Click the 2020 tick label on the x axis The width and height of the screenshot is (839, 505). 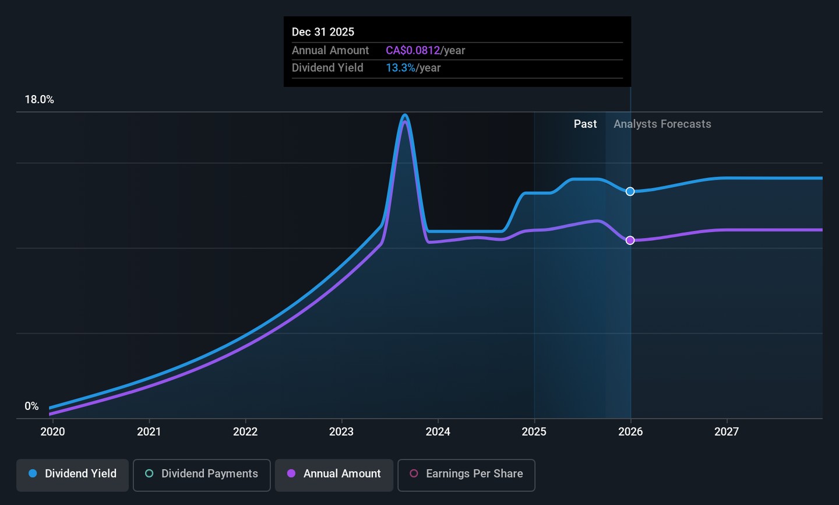[52, 432]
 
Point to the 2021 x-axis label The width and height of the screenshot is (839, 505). [149, 432]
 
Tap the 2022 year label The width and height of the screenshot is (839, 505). [245, 432]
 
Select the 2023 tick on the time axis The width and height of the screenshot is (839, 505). [341, 432]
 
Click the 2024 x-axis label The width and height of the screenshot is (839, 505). [438, 432]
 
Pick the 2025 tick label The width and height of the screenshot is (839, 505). [534, 432]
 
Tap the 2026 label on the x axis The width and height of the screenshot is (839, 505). [630, 432]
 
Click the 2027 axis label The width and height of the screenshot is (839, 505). [727, 432]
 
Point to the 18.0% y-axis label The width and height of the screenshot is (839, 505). [39, 100]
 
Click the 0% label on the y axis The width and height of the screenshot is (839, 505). [31, 406]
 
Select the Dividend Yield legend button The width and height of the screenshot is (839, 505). [72, 474]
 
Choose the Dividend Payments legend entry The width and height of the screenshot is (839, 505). [202, 474]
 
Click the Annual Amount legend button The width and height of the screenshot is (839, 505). [334, 474]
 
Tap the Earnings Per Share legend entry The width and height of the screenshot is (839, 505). [466, 474]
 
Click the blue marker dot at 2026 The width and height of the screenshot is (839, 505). [630, 191]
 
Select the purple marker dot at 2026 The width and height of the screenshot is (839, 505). [630, 240]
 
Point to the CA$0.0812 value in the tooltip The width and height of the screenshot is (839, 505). [413, 51]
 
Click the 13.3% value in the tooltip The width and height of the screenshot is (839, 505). [400, 68]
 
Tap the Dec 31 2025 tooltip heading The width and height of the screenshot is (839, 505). [323, 32]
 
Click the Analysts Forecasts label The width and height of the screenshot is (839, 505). [662, 124]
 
